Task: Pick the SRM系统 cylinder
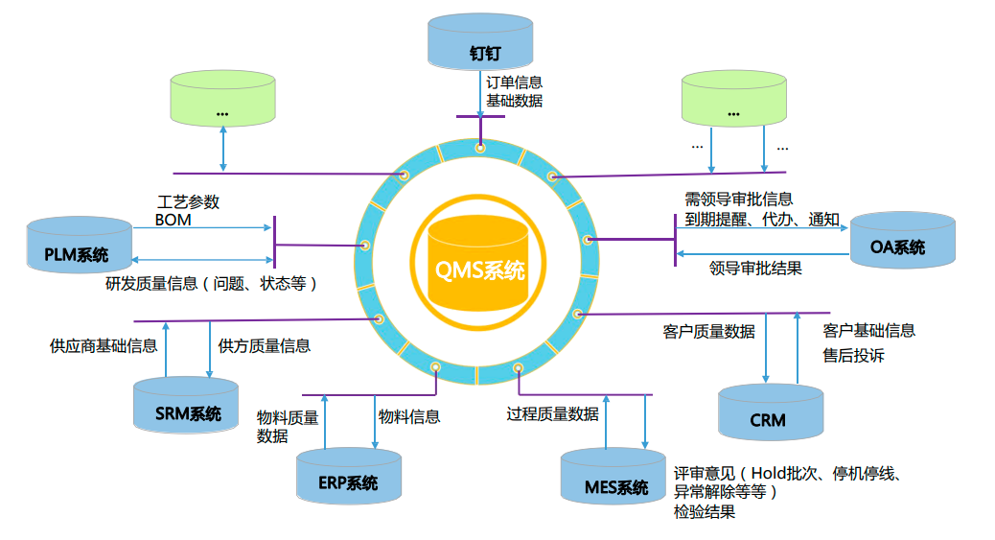[186, 408]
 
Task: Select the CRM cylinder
[770, 414]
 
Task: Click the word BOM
[174, 220]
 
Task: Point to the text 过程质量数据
[552, 413]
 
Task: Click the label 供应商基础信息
[104, 345]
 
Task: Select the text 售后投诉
[853, 356]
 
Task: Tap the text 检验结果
[705, 512]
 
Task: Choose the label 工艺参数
[188, 202]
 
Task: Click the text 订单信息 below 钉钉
[514, 83]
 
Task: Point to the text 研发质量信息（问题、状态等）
[211, 284]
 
